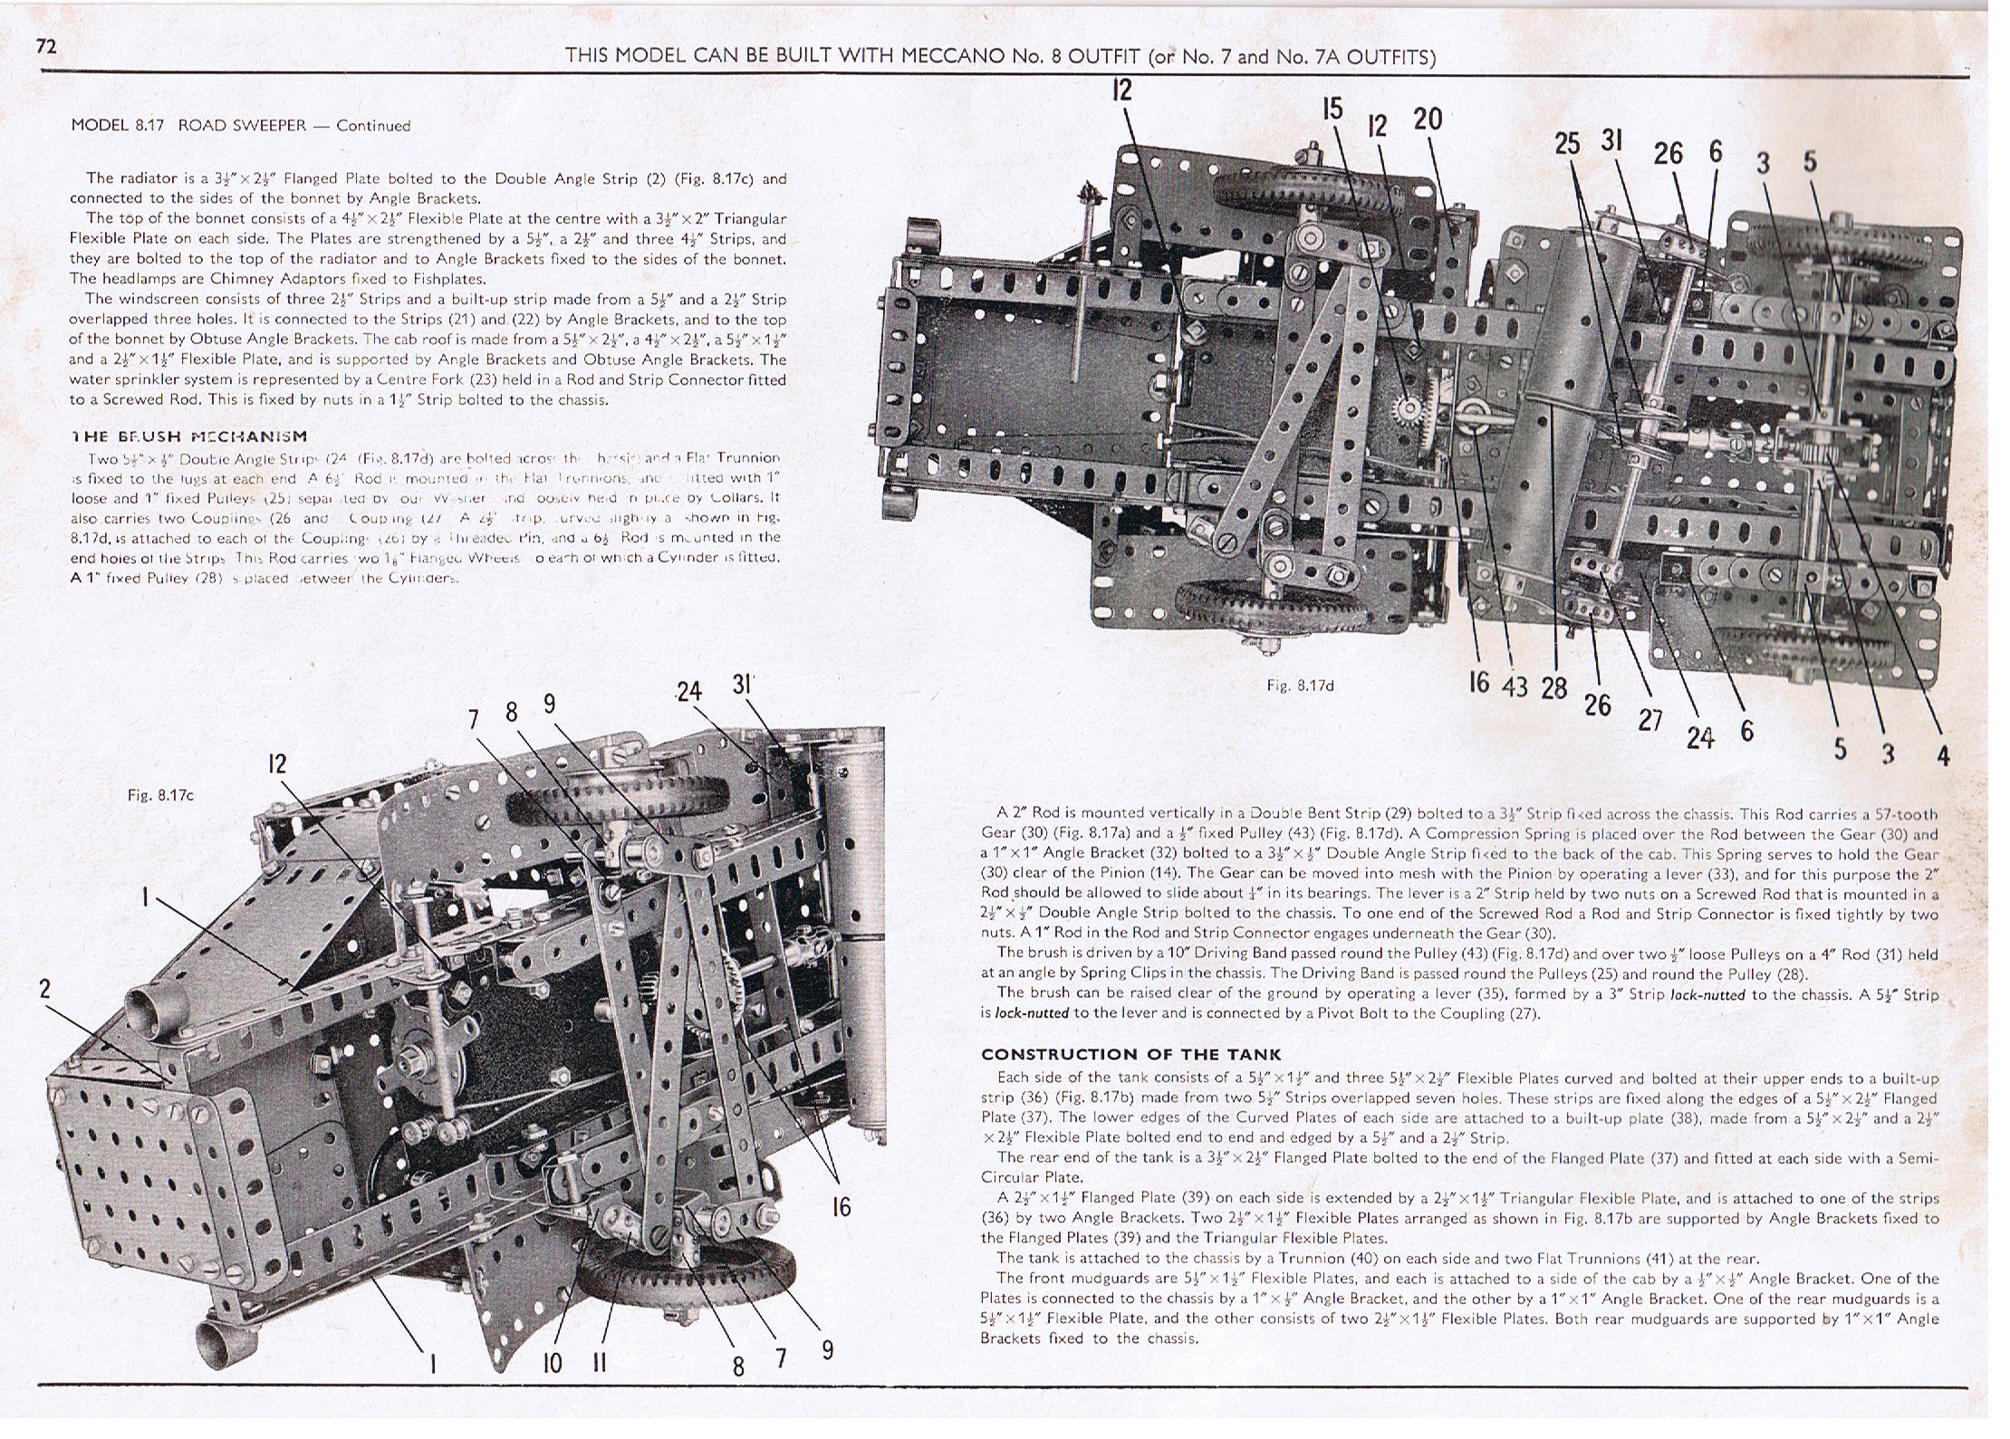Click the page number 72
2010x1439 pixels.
pos(46,46)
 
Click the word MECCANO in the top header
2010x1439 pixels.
pos(947,56)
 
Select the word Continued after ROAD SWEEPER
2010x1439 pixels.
pos(373,126)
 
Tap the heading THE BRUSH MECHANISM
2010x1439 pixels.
pos(189,436)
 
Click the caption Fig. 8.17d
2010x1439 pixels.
pos(1300,686)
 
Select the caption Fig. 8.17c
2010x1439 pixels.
pos(160,795)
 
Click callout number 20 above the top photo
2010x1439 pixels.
pos(1427,119)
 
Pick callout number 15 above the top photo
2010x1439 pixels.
pos(1332,110)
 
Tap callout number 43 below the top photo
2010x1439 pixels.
pos(1515,686)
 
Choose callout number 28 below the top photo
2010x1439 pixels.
pos(1553,688)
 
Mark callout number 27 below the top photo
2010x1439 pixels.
pos(1650,720)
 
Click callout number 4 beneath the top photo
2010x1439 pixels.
pos(1942,754)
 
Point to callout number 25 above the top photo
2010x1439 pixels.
pos(1566,144)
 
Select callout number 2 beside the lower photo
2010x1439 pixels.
pos(45,989)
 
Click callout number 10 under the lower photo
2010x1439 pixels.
pos(552,1363)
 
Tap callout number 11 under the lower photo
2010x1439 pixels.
pos(598,1363)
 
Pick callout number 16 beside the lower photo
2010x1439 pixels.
pos(842,1206)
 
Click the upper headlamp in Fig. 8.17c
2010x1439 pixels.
pos(145,1004)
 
